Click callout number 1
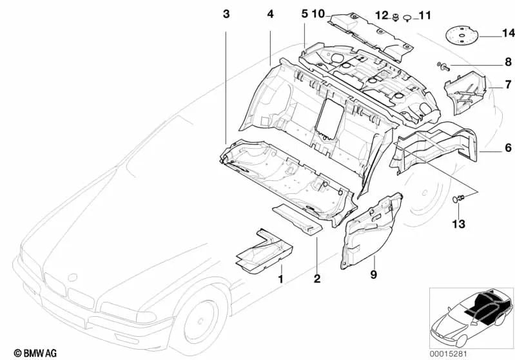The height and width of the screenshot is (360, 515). click(280, 279)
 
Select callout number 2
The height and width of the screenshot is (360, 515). click(316, 279)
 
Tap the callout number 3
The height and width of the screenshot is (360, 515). click(226, 14)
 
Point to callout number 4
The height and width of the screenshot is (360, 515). click(270, 14)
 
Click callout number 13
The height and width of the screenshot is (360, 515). click(458, 223)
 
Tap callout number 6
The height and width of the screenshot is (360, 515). click(507, 148)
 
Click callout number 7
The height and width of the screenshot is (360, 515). click(507, 84)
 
